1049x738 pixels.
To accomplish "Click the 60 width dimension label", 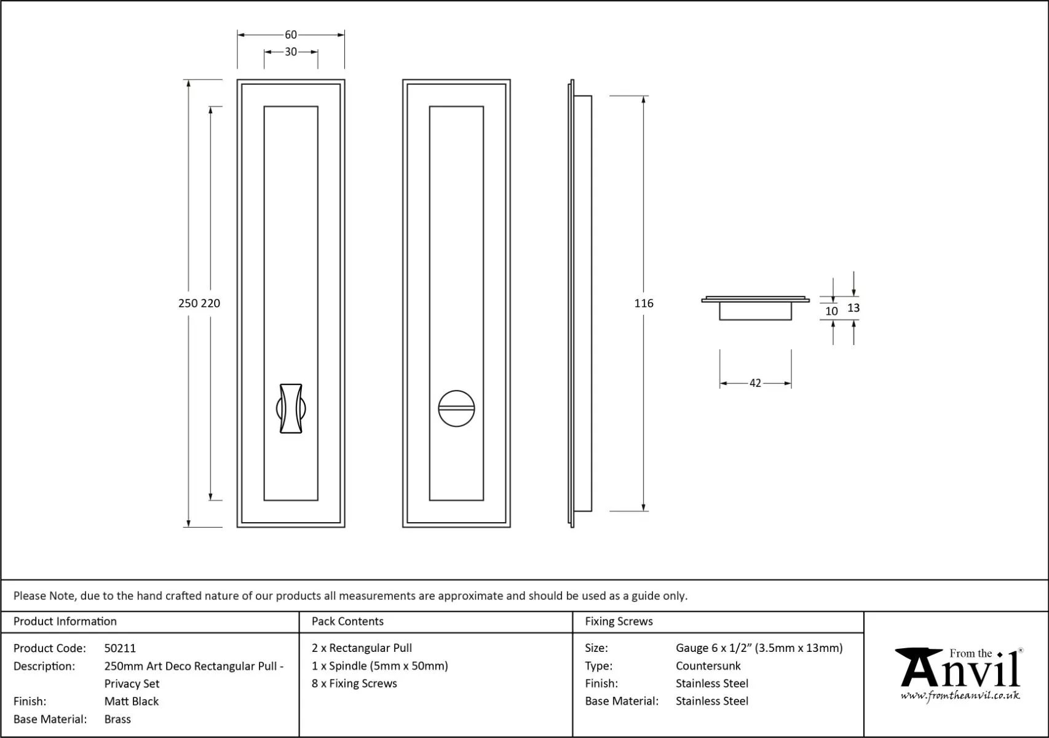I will point(291,35).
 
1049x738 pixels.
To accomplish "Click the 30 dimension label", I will point(291,52).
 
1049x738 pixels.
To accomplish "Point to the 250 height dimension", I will point(188,303).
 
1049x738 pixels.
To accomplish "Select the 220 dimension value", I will point(210,303).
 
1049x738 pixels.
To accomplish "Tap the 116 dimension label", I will point(644,303).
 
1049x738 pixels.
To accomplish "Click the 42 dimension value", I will point(755,383).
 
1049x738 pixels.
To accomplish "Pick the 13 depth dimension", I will point(853,308).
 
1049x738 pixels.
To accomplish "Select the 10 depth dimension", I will point(832,311).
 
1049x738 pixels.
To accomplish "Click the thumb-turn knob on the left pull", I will point(291,408).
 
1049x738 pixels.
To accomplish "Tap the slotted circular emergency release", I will point(456,408).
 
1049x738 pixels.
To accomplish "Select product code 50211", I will point(120,648).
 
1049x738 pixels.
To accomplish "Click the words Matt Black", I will point(132,701).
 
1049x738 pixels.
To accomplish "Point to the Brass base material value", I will point(117,719).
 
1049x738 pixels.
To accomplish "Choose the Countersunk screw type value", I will point(708,665).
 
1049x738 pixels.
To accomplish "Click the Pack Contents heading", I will point(347,621).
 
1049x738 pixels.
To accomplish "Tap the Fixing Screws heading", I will point(619,621).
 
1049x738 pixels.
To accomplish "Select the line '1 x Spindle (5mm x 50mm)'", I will point(379,665).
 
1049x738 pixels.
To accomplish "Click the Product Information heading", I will point(65,621).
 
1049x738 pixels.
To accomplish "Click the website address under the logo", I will point(960,696).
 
